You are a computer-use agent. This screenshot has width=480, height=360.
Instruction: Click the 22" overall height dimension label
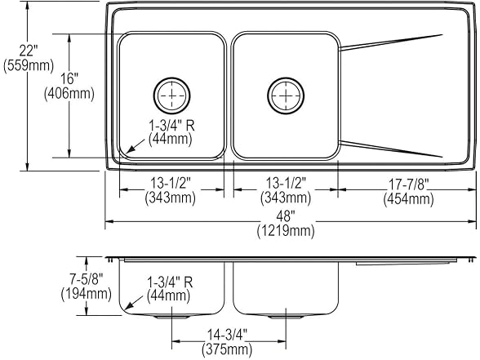pyautogui.click(x=28, y=51)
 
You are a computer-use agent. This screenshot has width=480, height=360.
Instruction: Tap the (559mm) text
pyautogui.click(x=28, y=65)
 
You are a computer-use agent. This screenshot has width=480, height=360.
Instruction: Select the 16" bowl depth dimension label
pyautogui.click(x=69, y=79)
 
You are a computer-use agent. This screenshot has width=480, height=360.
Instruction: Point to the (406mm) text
pyautogui.click(x=69, y=93)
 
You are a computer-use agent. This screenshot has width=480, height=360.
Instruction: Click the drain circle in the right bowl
pyautogui.click(x=286, y=96)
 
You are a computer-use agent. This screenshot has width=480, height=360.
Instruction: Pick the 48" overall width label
pyautogui.click(x=286, y=217)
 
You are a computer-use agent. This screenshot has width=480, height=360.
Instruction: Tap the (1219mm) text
pyautogui.click(x=286, y=230)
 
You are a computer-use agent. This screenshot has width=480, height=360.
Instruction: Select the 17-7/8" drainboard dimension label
pyautogui.click(x=409, y=184)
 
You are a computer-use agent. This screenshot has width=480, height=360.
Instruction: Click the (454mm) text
pyautogui.click(x=409, y=199)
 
